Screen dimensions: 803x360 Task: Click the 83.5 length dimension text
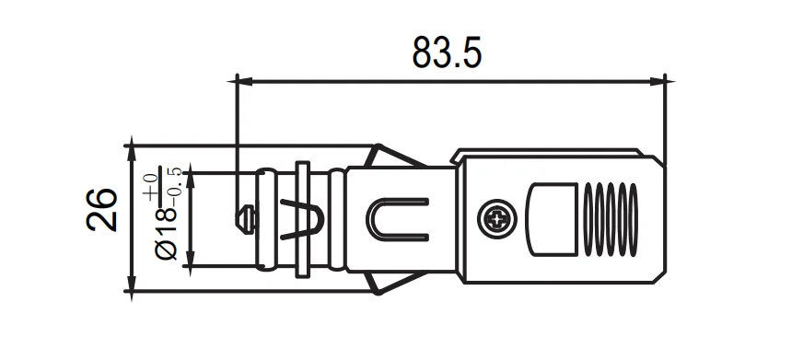pos(447,52)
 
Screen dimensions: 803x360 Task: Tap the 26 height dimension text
pos(101,210)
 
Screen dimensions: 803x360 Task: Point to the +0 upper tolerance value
pos(150,186)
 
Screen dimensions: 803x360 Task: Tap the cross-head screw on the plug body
pos(496,219)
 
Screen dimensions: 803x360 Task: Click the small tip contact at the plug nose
pos(245,219)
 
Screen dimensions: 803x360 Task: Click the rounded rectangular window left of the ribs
pos(553,219)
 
